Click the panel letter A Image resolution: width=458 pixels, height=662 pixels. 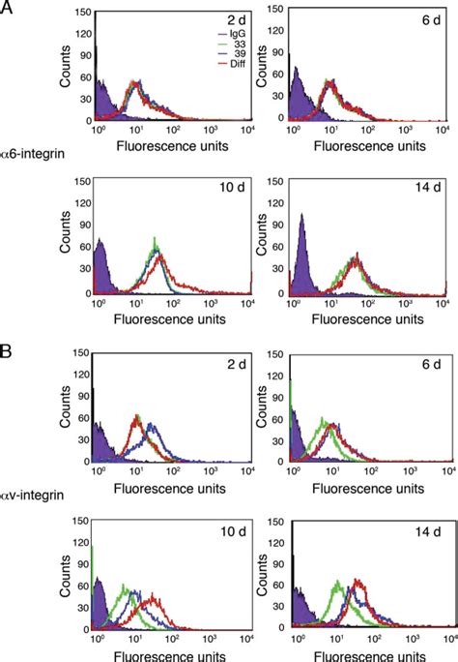(9, 10)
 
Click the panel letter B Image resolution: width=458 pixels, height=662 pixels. (9, 342)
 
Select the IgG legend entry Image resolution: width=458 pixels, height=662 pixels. (211, 31)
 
